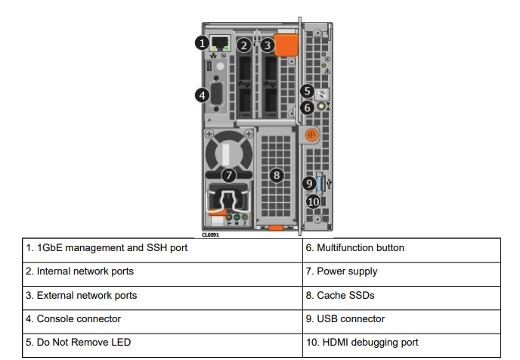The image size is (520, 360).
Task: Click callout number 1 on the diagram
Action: point(202,44)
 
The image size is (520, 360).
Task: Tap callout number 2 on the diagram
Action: point(244,45)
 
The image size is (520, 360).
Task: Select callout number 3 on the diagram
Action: point(268,45)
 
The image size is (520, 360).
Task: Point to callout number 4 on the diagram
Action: point(202,95)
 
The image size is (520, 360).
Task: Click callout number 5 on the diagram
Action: point(306,91)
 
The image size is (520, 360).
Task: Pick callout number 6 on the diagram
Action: point(306,107)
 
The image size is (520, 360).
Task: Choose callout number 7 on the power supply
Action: point(231,175)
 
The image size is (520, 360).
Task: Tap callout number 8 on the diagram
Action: point(277,175)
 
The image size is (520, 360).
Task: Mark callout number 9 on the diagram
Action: point(309,183)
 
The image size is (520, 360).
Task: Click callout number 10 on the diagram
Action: point(314,201)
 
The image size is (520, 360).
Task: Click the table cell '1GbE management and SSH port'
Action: point(162,248)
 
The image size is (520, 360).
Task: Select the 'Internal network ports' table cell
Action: point(162,272)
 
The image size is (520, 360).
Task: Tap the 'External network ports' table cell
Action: point(162,295)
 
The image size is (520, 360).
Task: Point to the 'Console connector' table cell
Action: point(162,318)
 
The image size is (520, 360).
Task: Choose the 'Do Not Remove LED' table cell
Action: point(162,342)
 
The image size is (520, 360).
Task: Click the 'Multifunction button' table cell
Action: point(401,248)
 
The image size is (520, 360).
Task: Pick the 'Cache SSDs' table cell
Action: point(401,295)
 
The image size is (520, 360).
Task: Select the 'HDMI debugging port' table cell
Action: point(401,342)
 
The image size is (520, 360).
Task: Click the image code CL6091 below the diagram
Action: point(212,234)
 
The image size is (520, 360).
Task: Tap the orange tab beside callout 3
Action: point(286,43)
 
